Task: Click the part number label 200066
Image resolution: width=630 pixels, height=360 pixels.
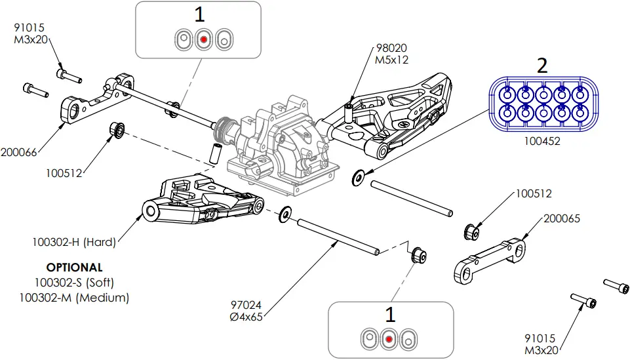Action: pos(18,152)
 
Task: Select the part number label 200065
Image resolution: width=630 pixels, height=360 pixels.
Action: pos(562,218)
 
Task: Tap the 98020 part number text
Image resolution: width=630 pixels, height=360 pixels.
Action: pos(391,49)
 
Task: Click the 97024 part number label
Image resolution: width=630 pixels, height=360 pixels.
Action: pos(245,306)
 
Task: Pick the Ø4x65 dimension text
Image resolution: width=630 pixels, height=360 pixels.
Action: pos(245,317)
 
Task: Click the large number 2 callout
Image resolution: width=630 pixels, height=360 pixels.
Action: pos(541,66)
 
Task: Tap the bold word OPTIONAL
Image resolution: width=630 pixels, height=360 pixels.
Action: pos(74,268)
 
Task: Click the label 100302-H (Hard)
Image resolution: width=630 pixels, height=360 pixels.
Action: pos(73,242)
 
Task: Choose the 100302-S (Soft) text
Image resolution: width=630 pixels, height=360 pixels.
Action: pos(74,283)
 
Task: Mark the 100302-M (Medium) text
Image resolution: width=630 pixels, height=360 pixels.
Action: pos(74,297)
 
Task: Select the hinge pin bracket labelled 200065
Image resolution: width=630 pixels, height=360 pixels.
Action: pos(488,262)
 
